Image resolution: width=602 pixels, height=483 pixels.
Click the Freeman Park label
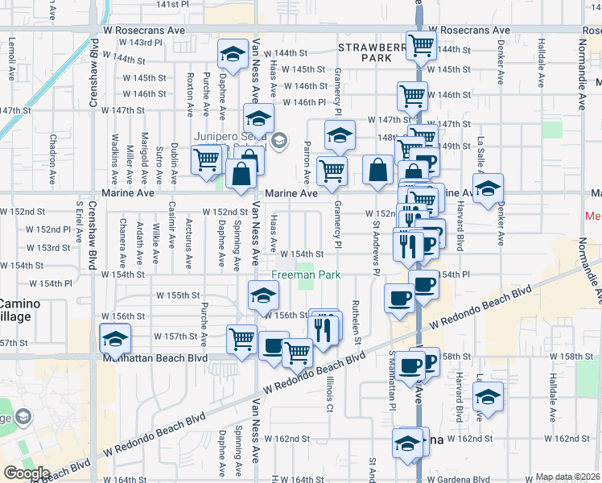coord(306,275)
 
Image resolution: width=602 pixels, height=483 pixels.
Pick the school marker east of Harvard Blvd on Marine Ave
coord(487,188)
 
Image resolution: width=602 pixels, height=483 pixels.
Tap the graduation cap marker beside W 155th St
coord(262,295)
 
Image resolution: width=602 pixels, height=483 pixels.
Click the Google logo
coord(26,473)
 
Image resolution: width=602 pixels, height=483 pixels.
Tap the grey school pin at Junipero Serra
coord(278,141)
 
